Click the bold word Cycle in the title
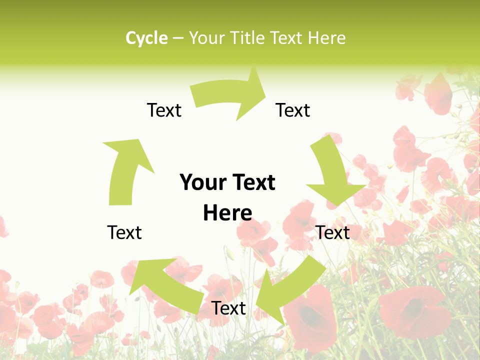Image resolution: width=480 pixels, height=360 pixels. coord(146,38)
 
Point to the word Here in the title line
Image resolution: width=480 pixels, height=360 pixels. coord(326,38)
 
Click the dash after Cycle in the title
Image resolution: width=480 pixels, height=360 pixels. coord(178,38)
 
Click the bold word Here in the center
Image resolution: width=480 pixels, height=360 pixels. coord(227,213)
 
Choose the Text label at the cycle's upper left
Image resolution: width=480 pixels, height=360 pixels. coord(164,110)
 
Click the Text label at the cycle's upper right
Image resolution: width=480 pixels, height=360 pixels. coord(293,110)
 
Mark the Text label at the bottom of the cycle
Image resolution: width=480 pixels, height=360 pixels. coord(228,308)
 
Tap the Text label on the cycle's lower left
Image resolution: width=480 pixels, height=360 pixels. coord(124,232)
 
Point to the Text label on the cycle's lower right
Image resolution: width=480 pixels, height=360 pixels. coord(332,232)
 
